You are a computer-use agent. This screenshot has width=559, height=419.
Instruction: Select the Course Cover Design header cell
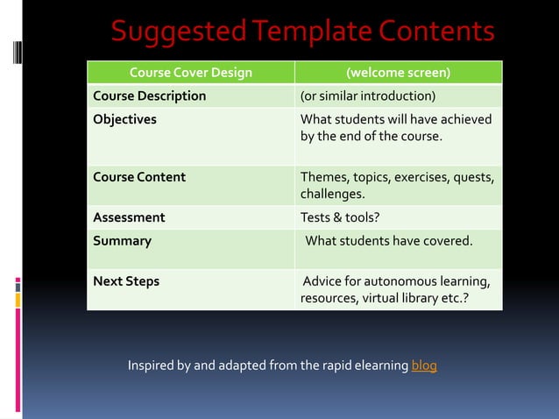point(190,73)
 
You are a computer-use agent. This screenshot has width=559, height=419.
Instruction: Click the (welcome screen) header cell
point(399,73)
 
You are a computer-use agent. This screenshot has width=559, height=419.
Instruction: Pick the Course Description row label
point(150,96)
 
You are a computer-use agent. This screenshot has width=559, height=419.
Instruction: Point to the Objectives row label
point(125,119)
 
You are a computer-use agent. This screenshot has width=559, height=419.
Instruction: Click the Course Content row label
point(139,177)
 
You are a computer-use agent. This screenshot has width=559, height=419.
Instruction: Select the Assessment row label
point(129,217)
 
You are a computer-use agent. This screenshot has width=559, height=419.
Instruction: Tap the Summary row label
point(123,240)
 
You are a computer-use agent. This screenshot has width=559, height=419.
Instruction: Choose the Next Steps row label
point(126,282)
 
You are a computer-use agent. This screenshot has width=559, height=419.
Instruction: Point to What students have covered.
point(388,240)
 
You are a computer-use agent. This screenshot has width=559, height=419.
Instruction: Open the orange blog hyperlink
point(424,365)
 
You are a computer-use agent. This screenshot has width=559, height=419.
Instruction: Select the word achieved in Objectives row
point(463,119)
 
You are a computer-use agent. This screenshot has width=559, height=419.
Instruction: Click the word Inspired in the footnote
point(152,365)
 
